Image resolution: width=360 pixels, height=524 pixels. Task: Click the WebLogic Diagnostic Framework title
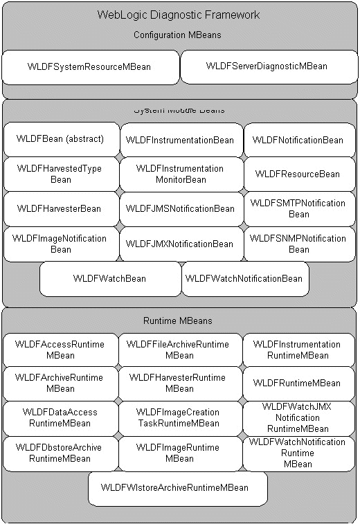tap(179, 15)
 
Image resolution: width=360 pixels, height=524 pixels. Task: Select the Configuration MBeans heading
tap(179, 35)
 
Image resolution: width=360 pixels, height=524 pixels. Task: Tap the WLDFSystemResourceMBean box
tap(89, 67)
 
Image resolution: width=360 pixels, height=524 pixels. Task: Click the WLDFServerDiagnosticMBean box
tap(267, 66)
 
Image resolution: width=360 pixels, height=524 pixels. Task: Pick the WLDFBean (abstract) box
tap(60, 139)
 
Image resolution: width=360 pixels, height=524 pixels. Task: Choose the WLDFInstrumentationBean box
tap(180, 140)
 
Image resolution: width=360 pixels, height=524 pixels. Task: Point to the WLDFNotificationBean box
tap(298, 140)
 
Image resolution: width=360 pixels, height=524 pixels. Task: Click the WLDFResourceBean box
tap(298, 174)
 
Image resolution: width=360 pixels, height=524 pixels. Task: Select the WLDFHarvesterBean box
tap(60, 208)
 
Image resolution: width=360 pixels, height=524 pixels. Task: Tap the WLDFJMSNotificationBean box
tap(180, 208)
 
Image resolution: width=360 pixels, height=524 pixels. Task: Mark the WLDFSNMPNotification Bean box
tap(298, 244)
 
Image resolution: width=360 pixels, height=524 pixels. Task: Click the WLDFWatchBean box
tap(109, 278)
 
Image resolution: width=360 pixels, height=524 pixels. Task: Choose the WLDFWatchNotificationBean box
tap(244, 278)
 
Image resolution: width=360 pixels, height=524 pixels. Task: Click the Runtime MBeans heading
tap(178, 321)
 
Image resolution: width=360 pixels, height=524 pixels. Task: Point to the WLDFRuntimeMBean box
tap(297, 383)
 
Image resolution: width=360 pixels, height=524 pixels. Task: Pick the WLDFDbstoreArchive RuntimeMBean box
tap(60, 453)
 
